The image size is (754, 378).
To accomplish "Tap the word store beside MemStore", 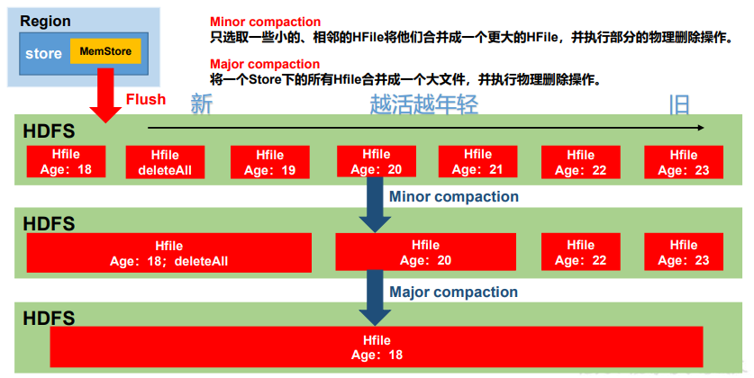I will (x=43, y=53).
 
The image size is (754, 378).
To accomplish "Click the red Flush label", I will (x=145, y=99).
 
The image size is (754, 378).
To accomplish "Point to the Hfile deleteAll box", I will (x=165, y=163).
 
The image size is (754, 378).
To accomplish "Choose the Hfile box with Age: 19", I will (x=269, y=163).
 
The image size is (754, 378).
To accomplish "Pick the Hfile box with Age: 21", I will (x=477, y=162).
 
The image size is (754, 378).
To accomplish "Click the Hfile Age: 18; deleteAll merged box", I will (x=168, y=253).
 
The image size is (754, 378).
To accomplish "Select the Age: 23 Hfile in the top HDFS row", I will (x=683, y=162).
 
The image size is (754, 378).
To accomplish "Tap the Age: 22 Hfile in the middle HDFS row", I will (x=580, y=252).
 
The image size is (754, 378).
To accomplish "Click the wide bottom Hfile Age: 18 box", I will (x=376, y=346).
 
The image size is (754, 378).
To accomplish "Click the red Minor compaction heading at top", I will (x=264, y=22).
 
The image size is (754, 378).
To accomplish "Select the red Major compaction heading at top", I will (x=264, y=64).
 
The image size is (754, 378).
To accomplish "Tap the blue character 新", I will (x=202, y=104).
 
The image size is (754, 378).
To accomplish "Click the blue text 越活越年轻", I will (x=423, y=104).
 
